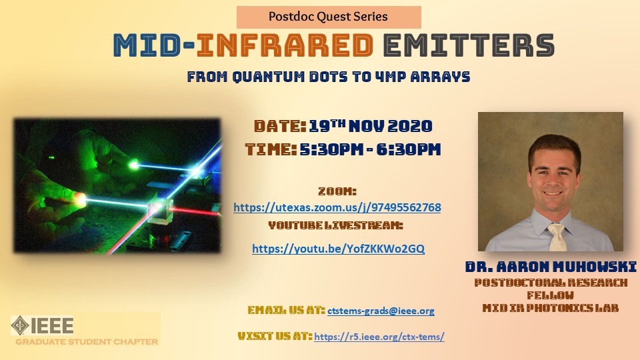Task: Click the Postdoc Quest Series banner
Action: click(329, 17)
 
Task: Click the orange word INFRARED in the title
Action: click(285, 45)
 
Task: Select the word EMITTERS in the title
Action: click(469, 45)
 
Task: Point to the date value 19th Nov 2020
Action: click(371, 126)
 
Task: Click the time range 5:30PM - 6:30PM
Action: click(370, 149)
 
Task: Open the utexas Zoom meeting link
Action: click(337, 207)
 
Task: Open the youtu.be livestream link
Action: click(339, 249)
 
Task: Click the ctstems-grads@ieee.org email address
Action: click(381, 311)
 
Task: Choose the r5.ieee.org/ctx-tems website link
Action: click(379, 337)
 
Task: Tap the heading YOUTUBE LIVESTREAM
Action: click(335, 225)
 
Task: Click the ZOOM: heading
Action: click(337, 191)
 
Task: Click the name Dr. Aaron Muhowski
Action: click(551, 267)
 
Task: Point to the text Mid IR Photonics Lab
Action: click(551, 308)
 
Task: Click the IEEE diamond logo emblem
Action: click(20, 325)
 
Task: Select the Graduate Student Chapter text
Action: click(87, 341)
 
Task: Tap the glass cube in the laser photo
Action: click(159, 210)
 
